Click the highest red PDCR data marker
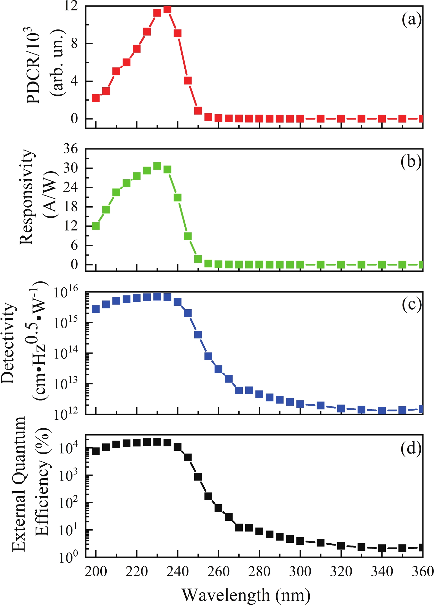[167, 9]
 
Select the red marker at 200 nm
[96, 98]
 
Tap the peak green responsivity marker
[157, 166]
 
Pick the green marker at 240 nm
[177, 197]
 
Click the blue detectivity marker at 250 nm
[198, 335]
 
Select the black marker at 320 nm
[341, 546]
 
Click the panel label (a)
[411, 20]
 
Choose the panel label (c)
[411, 305]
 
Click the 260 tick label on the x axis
[219, 572]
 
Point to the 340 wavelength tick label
[382, 572]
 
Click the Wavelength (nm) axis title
[246, 595]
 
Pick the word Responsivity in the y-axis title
[26, 197]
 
